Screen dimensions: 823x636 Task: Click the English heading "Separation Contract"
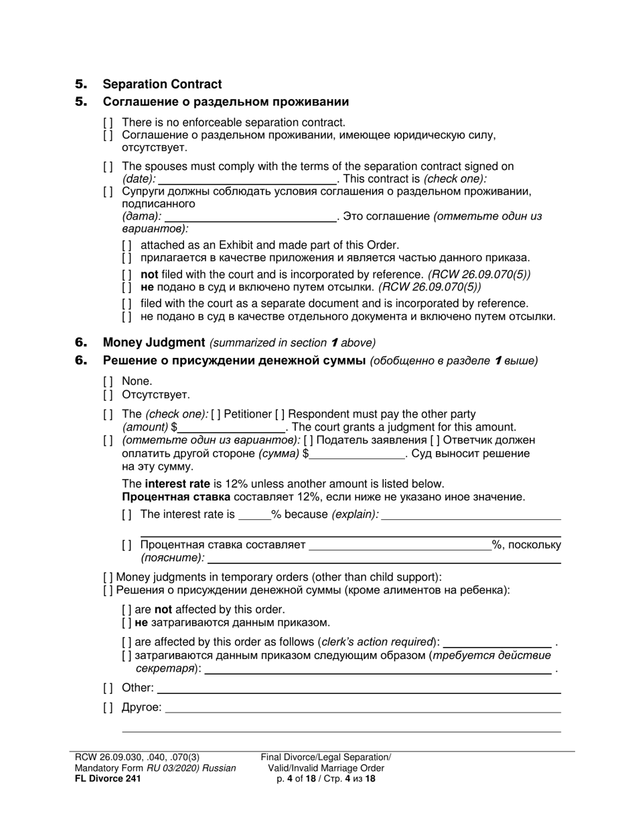pyautogui.click(x=161, y=84)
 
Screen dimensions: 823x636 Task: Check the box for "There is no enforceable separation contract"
pyautogui.click(x=108, y=122)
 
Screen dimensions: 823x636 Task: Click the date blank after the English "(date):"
pyautogui.click(x=247, y=179)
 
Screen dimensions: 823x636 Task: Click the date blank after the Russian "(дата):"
pyautogui.click(x=250, y=217)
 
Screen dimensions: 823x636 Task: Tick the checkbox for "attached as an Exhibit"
pyautogui.click(x=127, y=246)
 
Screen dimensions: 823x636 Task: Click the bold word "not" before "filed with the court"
pyautogui.click(x=149, y=274)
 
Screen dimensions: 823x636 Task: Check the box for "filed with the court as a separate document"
pyautogui.click(x=127, y=304)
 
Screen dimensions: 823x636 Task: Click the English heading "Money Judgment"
pyautogui.click(x=153, y=343)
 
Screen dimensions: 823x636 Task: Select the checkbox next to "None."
pyautogui.click(x=108, y=381)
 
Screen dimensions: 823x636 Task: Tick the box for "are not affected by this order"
pyautogui.click(x=127, y=610)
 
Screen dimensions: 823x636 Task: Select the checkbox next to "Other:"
pyautogui.click(x=108, y=688)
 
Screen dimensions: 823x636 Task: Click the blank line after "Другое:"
pyautogui.click(x=362, y=708)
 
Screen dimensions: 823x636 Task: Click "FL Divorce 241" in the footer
pyautogui.click(x=108, y=778)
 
